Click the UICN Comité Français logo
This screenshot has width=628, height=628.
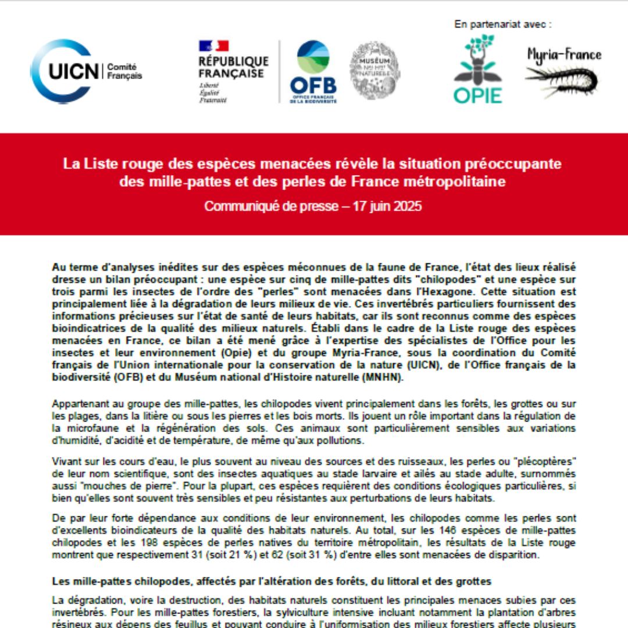point(85,72)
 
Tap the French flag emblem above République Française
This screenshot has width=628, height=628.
point(214,46)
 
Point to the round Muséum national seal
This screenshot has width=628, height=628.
point(374,70)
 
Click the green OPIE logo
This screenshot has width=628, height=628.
point(477,69)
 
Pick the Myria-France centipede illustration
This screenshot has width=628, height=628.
point(563,73)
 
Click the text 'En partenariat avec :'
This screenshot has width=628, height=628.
point(502,24)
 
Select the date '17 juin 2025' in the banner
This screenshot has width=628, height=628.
point(387,206)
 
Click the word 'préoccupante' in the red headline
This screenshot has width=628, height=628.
point(516,164)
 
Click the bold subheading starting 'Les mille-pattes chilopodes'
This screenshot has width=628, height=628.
point(272,581)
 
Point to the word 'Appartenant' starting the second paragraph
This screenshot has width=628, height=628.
point(75,402)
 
